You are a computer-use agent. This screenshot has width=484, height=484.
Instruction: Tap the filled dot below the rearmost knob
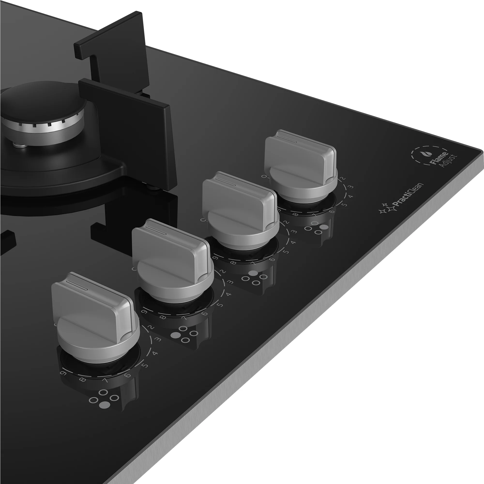click(325, 227)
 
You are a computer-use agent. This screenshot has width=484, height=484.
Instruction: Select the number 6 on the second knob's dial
click(205, 313)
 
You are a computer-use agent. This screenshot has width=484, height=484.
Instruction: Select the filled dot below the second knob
click(175, 335)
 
